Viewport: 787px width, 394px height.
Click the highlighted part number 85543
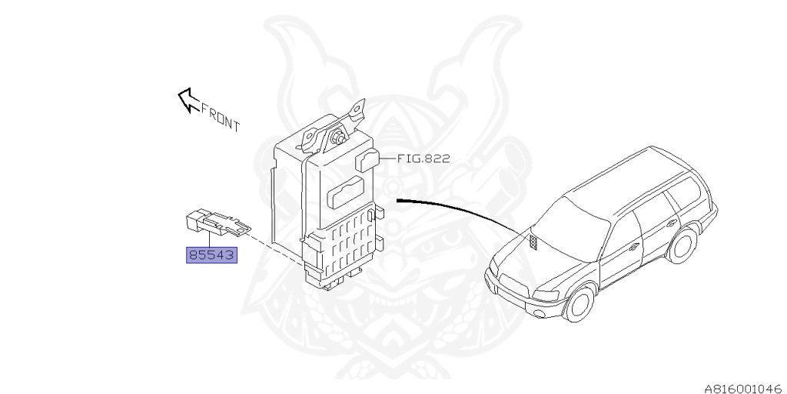(x=211, y=253)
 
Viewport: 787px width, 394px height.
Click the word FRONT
(x=221, y=117)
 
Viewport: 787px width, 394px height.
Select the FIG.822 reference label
(x=423, y=159)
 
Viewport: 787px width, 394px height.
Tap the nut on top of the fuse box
(x=337, y=139)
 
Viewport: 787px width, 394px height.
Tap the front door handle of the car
(x=634, y=246)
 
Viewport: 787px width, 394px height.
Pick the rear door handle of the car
(x=677, y=222)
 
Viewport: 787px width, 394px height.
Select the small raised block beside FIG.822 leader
(x=367, y=161)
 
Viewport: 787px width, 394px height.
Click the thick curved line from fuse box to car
(x=461, y=208)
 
